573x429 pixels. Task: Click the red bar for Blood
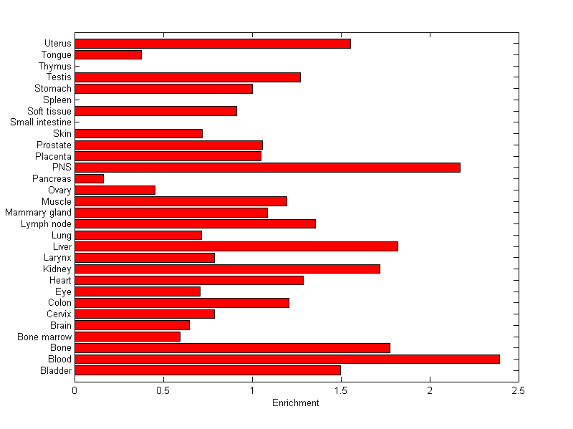coord(286,359)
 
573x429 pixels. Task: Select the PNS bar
coord(267,167)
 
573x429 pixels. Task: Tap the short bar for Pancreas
coord(89,178)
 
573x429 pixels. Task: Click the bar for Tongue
coord(108,54)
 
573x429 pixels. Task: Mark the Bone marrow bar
coord(127,337)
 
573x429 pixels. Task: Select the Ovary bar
coord(115,190)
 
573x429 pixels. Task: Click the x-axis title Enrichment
coord(296,403)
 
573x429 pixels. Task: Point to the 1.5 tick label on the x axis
coord(341,391)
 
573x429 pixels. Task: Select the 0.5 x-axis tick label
coord(163,391)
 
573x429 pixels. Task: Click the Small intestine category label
coord(41,122)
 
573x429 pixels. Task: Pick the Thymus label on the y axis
coord(55,66)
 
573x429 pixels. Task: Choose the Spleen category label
coord(57,100)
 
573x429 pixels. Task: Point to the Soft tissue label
coord(49,111)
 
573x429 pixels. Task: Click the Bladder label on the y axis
coord(57,370)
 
